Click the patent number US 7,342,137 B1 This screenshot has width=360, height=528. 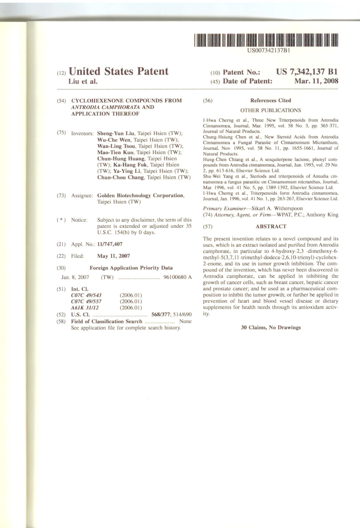[307, 72]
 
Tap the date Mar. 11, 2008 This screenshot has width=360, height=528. [316, 81]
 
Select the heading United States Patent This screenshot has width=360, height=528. [118, 71]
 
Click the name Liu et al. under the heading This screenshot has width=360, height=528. [83, 82]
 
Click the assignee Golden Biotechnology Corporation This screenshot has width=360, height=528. [141, 196]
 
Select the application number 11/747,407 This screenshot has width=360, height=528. [110, 244]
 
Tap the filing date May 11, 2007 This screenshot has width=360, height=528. [113, 256]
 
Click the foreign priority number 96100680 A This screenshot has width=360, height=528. [178, 277]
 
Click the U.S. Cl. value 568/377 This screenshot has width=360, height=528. [159, 315]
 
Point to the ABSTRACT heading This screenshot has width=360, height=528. [271, 226]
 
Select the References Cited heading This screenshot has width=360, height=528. [271, 101]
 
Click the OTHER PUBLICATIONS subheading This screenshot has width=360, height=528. [270, 111]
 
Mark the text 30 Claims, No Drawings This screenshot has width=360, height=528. [271, 327]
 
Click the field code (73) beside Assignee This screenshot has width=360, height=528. [61, 196]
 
